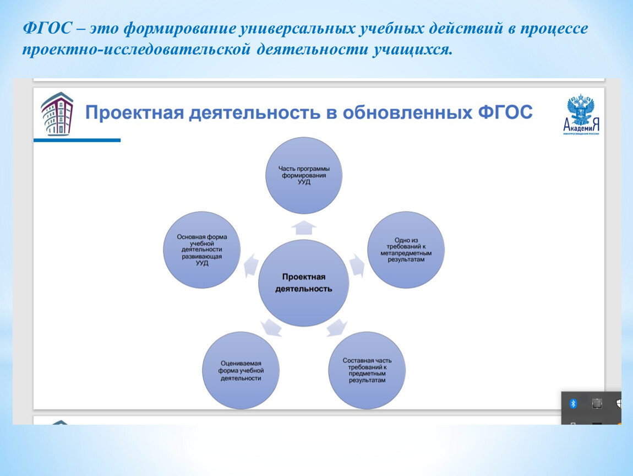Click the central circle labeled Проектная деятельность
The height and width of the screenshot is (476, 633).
pyautogui.click(x=304, y=283)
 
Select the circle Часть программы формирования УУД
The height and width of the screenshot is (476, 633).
pyautogui.click(x=304, y=175)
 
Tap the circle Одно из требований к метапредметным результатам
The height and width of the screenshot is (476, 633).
pyautogui.click(x=406, y=250)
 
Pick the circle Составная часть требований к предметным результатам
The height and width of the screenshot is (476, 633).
pyautogui.click(x=367, y=370)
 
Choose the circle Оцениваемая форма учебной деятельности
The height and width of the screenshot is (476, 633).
pyautogui.click(x=241, y=370)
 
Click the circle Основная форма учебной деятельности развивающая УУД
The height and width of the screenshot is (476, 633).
pyautogui.click(x=202, y=250)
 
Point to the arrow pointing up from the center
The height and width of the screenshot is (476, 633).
pyautogui.click(x=304, y=228)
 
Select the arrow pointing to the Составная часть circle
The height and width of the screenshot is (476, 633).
pyautogui.click(x=337, y=327)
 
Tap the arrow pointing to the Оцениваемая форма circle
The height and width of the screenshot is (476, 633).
pyautogui.click(x=271, y=327)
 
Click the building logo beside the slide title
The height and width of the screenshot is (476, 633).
pyautogui.click(x=57, y=113)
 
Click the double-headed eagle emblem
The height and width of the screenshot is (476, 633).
pyautogui.click(x=581, y=109)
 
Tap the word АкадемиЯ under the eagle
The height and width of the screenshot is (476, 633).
pyautogui.click(x=581, y=126)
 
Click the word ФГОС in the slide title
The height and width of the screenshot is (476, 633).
pyautogui.click(x=505, y=112)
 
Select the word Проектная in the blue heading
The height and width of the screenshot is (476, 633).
pyautogui.click(x=134, y=113)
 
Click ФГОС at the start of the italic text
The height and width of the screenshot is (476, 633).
pyautogui.click(x=48, y=29)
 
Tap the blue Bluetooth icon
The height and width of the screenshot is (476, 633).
pyautogui.click(x=573, y=403)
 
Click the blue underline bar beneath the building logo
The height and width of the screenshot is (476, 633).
pyautogui.click(x=77, y=140)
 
